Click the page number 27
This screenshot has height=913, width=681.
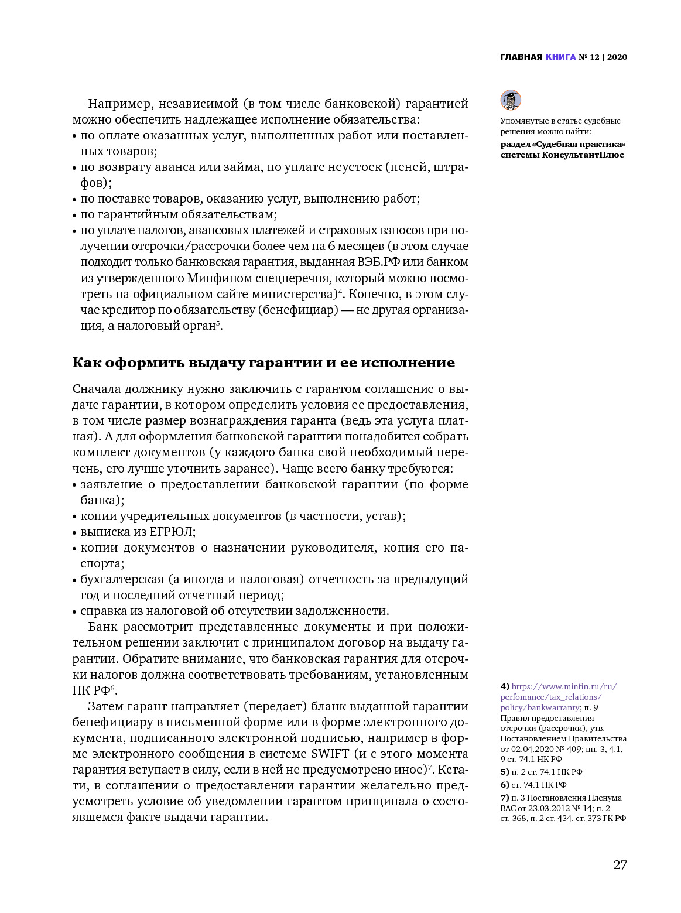click(620, 865)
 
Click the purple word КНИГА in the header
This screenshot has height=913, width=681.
click(560, 57)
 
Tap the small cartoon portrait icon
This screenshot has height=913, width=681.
click(511, 100)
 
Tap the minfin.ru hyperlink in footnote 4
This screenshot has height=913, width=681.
click(559, 697)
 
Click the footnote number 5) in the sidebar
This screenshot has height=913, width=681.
click(505, 772)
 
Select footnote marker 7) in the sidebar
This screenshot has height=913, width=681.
click(505, 798)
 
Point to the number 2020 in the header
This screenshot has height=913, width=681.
click(617, 57)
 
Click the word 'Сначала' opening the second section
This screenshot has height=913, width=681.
click(95, 389)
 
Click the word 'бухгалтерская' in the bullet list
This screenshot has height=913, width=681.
click(122, 579)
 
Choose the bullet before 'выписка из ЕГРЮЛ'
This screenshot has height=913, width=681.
click(74, 532)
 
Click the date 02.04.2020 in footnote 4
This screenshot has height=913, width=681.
click(531, 749)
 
